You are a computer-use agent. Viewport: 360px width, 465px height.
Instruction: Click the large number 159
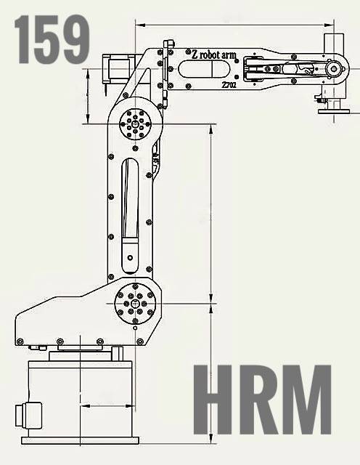(52, 39)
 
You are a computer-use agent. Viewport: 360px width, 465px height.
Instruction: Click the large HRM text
(263, 400)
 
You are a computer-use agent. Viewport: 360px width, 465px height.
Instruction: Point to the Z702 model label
(229, 85)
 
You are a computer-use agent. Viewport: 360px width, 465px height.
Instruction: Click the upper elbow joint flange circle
(135, 124)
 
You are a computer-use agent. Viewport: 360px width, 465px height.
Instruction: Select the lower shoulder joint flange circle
(135, 304)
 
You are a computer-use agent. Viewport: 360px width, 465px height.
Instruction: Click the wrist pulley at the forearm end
(335, 69)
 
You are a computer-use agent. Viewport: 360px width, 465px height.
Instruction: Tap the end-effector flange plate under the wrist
(334, 111)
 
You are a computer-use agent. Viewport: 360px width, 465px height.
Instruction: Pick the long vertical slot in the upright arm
(130, 216)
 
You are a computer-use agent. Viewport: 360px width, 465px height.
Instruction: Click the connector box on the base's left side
(28, 415)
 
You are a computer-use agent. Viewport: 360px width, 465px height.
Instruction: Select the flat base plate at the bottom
(80, 440)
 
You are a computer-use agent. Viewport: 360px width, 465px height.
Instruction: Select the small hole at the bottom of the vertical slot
(130, 257)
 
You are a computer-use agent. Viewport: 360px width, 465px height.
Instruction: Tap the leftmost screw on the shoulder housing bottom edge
(20, 341)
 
